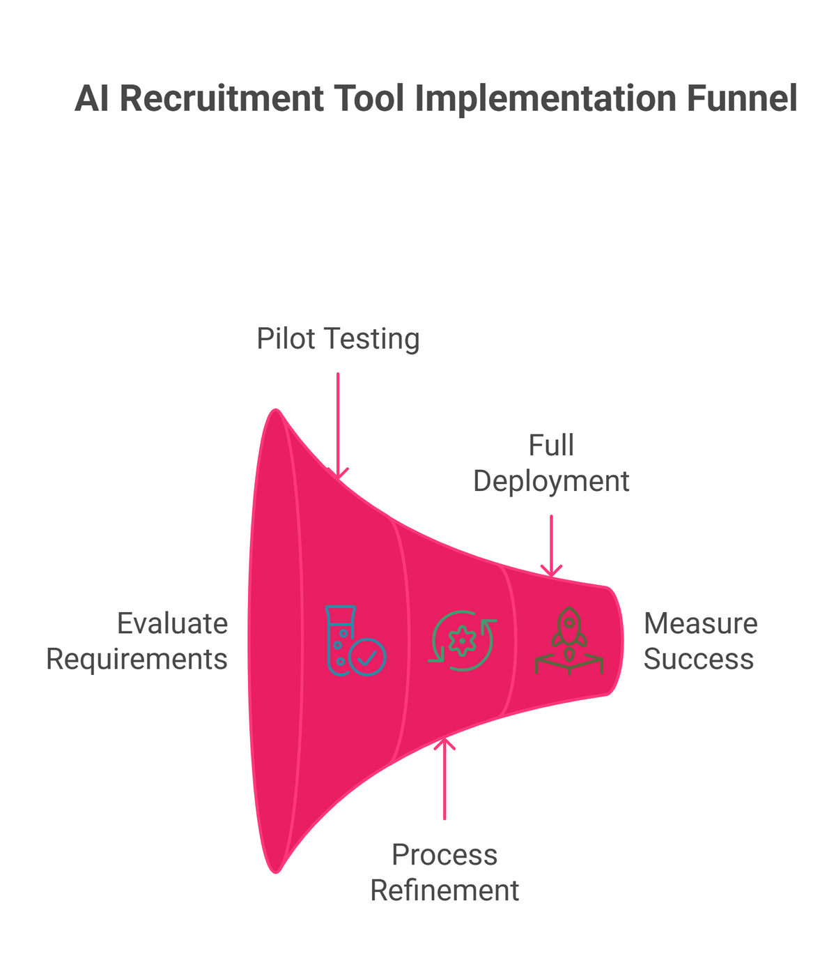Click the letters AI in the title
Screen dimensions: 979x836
coord(93,98)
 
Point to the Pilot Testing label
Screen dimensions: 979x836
coord(338,339)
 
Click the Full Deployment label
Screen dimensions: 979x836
coord(551,463)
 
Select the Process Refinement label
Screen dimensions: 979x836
coord(444,872)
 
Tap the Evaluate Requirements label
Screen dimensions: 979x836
coord(137,641)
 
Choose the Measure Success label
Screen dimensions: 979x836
coord(699,641)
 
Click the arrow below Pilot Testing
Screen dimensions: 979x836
coord(338,425)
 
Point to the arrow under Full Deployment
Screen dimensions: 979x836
coord(551,546)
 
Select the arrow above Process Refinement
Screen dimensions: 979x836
coord(444,777)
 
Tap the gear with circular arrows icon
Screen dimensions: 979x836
coord(462,641)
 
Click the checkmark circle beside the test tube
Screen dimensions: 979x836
coord(367,657)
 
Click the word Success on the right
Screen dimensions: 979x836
coord(698,659)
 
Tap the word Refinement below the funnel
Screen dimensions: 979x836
coord(444,890)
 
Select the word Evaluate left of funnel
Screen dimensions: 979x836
coord(172,623)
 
